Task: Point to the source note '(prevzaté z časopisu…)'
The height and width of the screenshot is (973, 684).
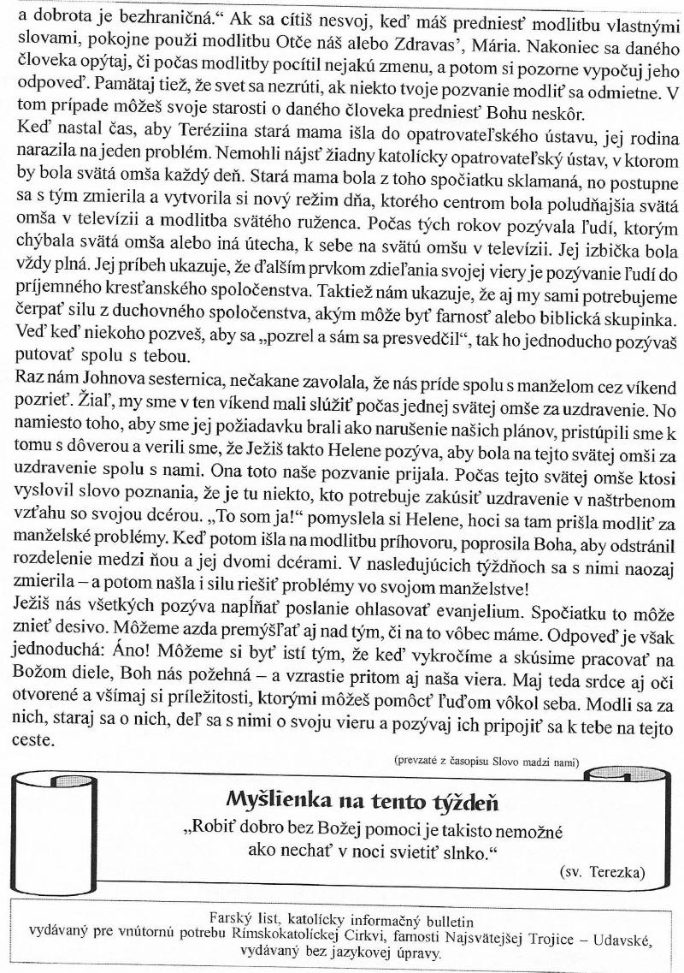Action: [486, 760]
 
